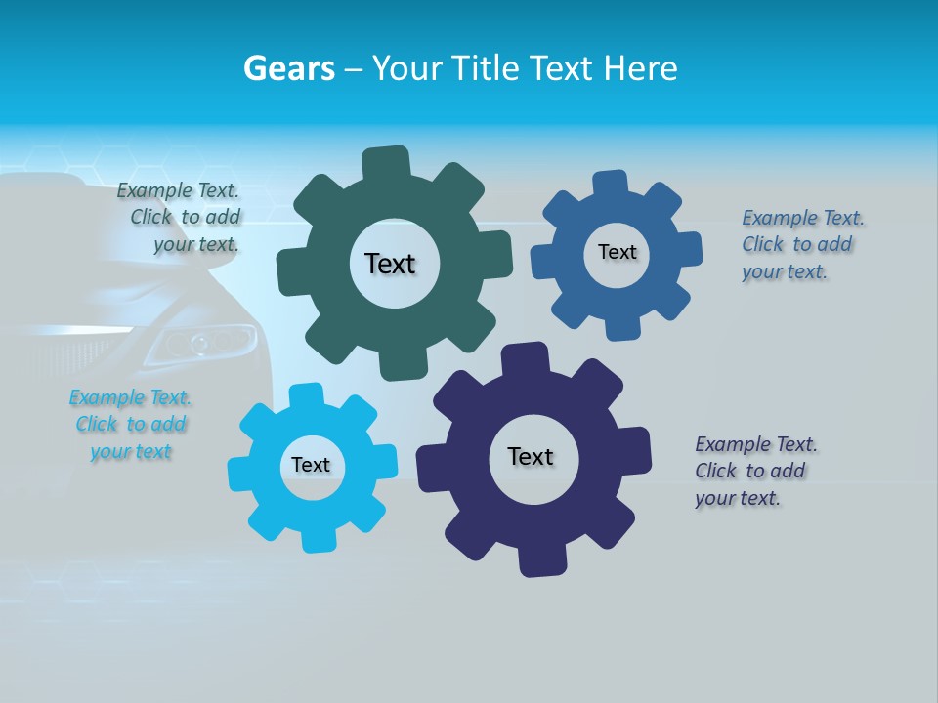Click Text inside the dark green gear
390,264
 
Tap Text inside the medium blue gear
617,252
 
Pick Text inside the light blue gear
311,465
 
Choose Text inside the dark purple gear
531,456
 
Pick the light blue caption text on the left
131,425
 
